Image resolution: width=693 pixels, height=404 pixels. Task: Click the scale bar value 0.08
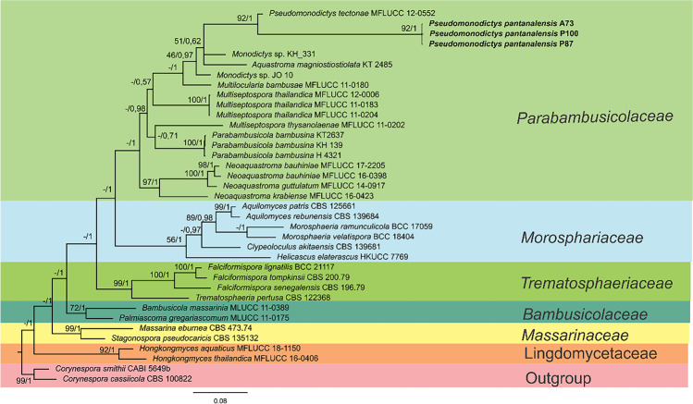220,399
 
